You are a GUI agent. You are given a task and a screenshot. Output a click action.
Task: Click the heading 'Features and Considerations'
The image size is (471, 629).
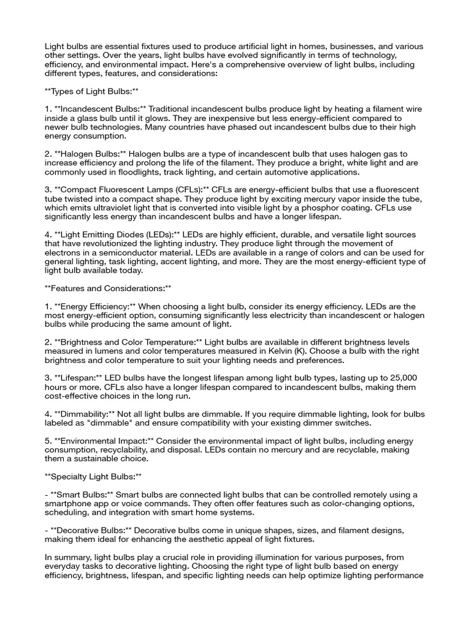coord(108,287)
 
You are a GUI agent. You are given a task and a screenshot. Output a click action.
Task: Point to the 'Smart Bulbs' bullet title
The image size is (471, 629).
coord(80,494)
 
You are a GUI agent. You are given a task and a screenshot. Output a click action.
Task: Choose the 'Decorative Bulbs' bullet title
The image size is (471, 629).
coord(90,529)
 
